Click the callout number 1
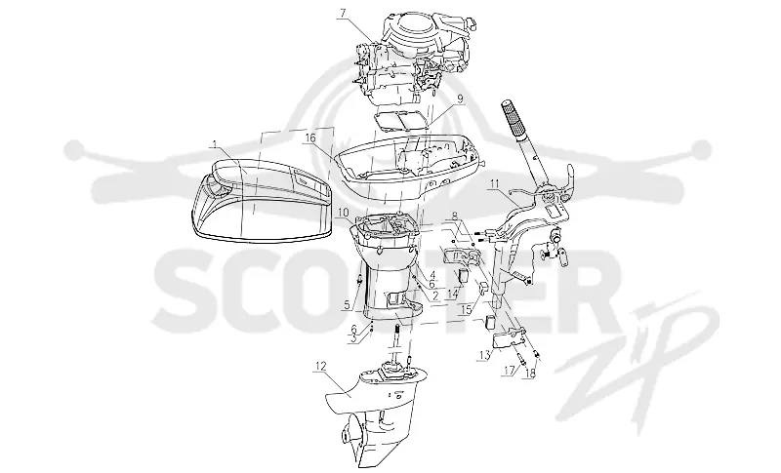(215, 144)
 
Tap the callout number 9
(460, 99)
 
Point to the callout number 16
(310, 137)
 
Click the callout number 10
(343, 214)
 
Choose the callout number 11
(494, 183)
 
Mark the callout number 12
(320, 367)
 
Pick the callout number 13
(484, 355)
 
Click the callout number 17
(508, 371)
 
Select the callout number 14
(452, 294)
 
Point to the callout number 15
(466, 310)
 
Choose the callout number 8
(454, 217)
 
